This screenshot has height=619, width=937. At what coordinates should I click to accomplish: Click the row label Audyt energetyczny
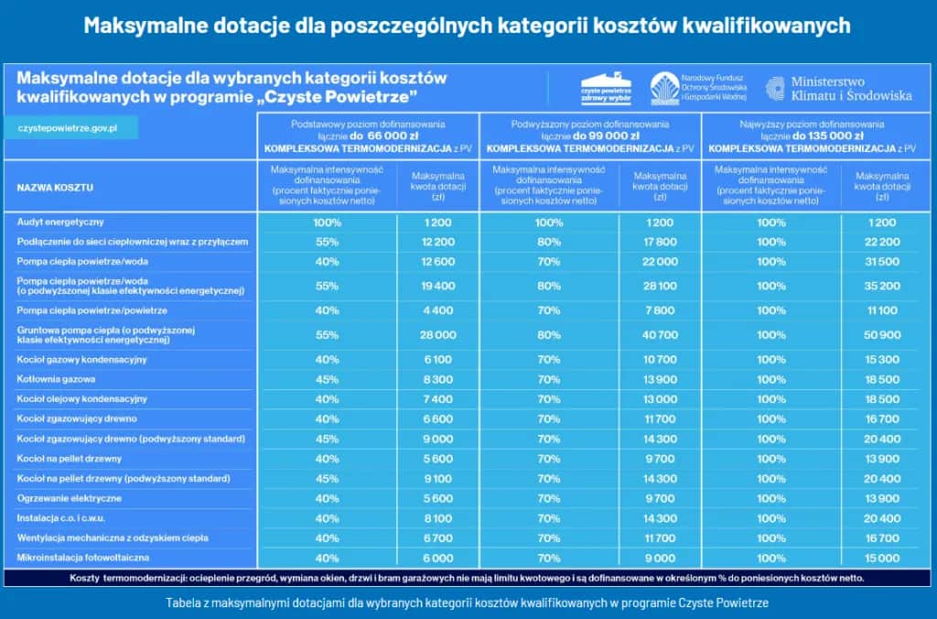click(60, 223)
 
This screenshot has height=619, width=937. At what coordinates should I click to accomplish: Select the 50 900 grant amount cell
click(882, 335)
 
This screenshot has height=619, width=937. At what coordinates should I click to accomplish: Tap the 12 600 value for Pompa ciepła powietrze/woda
click(437, 262)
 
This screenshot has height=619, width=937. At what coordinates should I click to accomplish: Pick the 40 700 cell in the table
click(660, 335)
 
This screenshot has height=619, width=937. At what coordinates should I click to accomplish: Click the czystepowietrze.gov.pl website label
click(67, 127)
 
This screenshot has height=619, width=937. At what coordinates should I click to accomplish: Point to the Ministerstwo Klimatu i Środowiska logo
click(839, 89)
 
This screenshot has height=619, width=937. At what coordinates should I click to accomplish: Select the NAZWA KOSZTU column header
click(55, 188)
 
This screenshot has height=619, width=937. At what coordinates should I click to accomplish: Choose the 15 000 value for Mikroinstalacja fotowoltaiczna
click(882, 559)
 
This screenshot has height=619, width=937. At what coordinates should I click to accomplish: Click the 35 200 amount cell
click(882, 286)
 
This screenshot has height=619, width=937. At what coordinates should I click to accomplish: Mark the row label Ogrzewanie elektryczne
click(69, 498)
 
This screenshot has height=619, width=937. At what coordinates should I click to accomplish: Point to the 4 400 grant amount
click(437, 310)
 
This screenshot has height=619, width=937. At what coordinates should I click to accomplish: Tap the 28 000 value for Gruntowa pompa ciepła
click(437, 335)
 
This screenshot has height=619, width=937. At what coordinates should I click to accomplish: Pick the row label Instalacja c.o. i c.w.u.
click(62, 518)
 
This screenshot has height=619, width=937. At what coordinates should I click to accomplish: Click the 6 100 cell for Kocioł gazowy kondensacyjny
click(437, 360)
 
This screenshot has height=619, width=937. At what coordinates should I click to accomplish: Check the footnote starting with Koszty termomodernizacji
click(467, 578)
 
